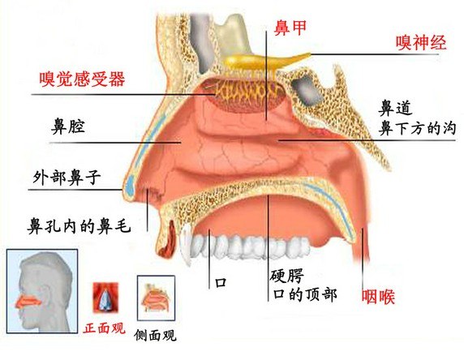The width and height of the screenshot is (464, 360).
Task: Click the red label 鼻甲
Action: tap(290, 28)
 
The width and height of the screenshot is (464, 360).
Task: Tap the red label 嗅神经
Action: tap(421, 42)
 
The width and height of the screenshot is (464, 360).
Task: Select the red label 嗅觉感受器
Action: tap(82, 79)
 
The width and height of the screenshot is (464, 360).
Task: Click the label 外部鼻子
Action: tap(67, 178)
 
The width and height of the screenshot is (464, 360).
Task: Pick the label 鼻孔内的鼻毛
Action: tap(79, 226)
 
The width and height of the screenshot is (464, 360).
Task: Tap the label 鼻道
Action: tap(395, 109)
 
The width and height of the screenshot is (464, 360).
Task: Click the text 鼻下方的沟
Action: tap(417, 128)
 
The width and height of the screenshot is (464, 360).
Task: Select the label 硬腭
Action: tap(286, 276)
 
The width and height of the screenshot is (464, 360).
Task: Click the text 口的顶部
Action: tap(305, 294)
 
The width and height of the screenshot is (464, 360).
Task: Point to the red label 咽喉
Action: tap(378, 296)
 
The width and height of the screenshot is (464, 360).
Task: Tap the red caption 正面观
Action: tap(104, 328)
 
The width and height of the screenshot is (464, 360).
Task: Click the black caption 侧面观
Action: tap(155, 335)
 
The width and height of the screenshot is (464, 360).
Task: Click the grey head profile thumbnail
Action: tap(42, 291)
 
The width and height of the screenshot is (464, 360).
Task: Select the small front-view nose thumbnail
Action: tap(105, 298)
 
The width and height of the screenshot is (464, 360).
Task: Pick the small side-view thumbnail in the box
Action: tap(156, 298)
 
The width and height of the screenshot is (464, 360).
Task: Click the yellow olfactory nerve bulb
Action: tap(260, 61)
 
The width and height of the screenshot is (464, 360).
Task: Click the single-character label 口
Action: tap(221, 282)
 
